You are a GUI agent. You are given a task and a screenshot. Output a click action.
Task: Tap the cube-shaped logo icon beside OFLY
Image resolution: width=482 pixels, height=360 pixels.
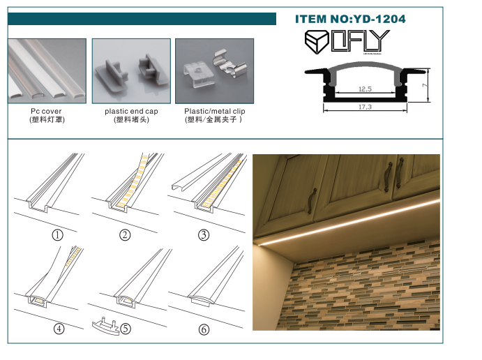(x=317, y=41)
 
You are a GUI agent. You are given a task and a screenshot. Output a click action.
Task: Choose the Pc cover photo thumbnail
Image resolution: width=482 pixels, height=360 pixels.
(x=47, y=70)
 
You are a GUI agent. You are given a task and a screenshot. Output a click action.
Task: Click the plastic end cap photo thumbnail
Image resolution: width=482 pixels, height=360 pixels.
(x=131, y=70)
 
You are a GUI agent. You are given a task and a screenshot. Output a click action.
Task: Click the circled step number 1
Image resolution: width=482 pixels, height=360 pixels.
(x=58, y=234)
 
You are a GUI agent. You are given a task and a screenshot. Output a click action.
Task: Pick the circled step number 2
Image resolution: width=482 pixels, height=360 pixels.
(x=125, y=234)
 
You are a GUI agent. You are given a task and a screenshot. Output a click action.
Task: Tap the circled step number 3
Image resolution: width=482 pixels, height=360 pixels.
(x=204, y=234)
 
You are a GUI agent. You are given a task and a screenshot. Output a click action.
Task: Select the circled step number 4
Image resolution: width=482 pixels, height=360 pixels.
(x=58, y=329)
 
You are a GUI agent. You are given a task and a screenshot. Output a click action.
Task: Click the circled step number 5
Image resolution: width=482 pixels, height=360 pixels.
(x=126, y=329)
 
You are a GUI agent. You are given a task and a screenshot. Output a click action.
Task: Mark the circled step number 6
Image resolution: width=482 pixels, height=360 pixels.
(x=204, y=329)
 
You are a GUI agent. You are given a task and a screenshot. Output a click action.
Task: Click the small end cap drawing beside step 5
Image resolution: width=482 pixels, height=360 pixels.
(x=105, y=327)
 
